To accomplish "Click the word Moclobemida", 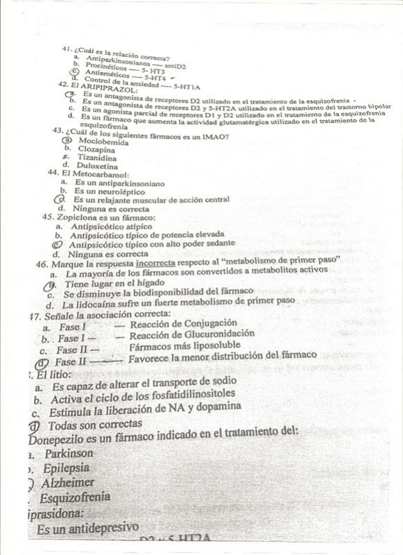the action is (x=103, y=142).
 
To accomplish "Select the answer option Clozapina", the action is (x=96, y=149).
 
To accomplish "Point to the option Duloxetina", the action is (x=98, y=166).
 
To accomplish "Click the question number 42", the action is (x=63, y=85).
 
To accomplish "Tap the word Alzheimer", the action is (x=68, y=482).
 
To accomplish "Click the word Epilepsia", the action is (x=66, y=468).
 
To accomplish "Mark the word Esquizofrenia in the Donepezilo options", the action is (x=75, y=497).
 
